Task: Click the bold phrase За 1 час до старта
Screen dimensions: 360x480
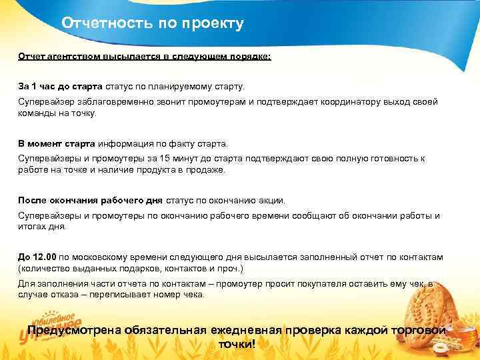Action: [x=60, y=87]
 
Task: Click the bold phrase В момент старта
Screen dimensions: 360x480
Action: [x=57, y=143]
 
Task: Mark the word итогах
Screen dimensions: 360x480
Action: [x=32, y=227]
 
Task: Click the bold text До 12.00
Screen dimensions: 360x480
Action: [x=37, y=257]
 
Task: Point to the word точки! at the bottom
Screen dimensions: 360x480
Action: [x=237, y=345]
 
